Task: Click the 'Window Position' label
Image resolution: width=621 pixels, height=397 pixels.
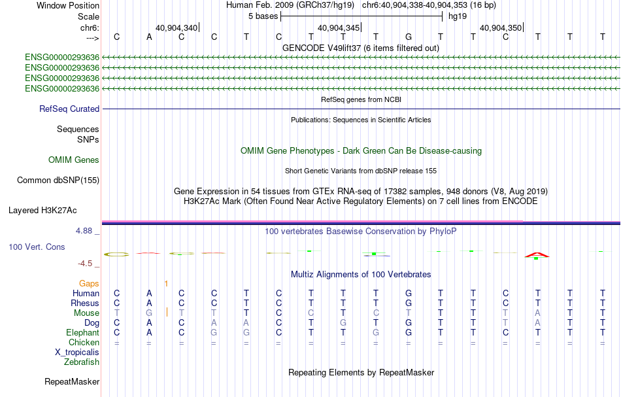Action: click(x=68, y=5)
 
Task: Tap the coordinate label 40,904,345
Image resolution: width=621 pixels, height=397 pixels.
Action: click(x=339, y=28)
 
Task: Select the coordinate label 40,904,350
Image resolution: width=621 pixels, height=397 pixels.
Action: click(x=501, y=28)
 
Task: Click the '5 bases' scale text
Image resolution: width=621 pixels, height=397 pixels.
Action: click(x=263, y=16)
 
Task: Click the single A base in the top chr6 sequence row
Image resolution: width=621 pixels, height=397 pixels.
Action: click(x=149, y=37)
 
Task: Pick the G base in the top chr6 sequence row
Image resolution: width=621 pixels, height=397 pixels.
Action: click(x=409, y=37)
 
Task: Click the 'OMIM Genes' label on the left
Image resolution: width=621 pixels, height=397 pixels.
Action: click(x=74, y=160)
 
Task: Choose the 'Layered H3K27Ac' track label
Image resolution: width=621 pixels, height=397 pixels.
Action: click(x=42, y=211)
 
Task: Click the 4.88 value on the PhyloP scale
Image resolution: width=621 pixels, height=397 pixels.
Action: click(x=88, y=231)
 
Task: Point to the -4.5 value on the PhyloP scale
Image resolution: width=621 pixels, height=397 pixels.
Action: click(x=89, y=264)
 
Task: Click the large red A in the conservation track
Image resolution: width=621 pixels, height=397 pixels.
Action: click(x=537, y=254)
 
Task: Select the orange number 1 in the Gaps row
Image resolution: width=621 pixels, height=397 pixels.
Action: click(x=166, y=284)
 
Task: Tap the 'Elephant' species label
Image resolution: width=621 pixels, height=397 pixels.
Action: click(x=79, y=333)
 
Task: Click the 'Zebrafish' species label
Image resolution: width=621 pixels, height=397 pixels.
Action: click(x=82, y=362)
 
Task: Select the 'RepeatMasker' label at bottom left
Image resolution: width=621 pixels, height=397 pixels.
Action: click(x=72, y=381)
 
